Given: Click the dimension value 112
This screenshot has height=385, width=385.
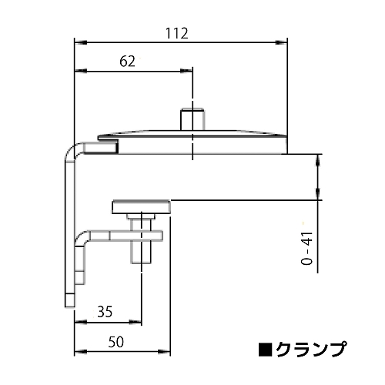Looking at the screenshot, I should pyautogui.click(x=177, y=34).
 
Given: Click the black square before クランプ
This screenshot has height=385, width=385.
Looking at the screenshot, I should pyautogui.click(x=264, y=350).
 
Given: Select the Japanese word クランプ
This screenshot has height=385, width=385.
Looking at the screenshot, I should pyautogui.click(x=309, y=350).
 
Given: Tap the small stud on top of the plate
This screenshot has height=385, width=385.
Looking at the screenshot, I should pyautogui.click(x=192, y=119).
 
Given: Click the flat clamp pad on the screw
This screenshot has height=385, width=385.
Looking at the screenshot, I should pyautogui.click(x=142, y=206).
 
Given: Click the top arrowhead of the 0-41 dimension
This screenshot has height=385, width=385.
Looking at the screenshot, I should pyautogui.click(x=318, y=159).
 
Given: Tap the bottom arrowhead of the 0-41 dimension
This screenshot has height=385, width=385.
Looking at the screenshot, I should pyautogui.click(x=318, y=196).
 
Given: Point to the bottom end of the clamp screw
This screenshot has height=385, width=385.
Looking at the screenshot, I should pyautogui.click(x=142, y=261).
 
